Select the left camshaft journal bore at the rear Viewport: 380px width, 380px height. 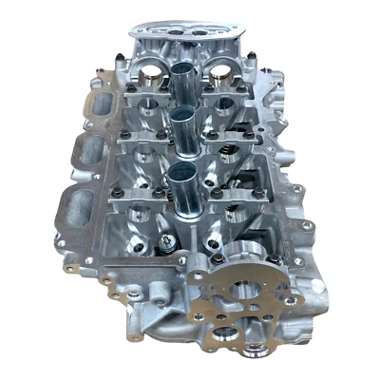(150, 69)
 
